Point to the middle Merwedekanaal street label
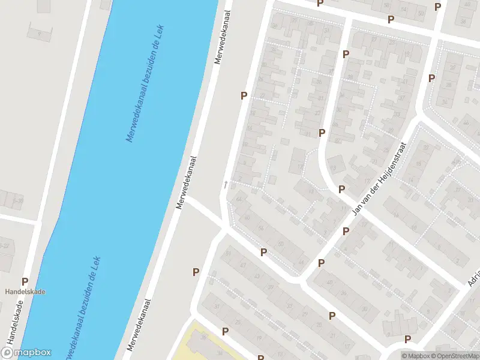(x=187, y=182)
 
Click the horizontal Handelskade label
(x=25, y=292)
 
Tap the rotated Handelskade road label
(x=11, y=328)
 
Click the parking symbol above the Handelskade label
(x=25, y=281)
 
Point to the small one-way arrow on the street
(x=226, y=184)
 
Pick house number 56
(x=261, y=229)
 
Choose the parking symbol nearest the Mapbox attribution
(x=408, y=339)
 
